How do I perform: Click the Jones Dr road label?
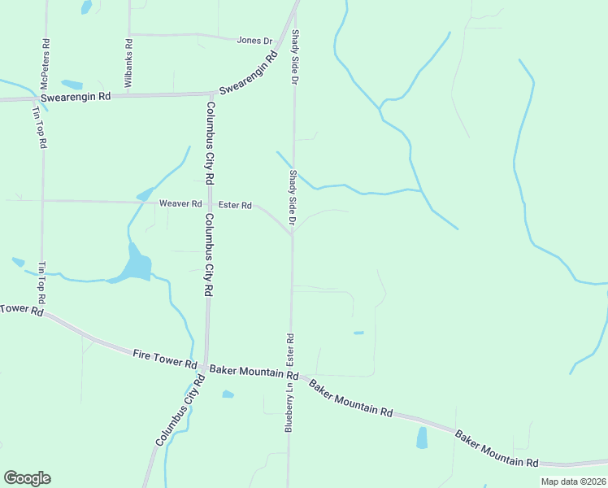coord(254,40)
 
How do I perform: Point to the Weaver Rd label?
coord(180,204)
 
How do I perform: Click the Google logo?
coord(27,478)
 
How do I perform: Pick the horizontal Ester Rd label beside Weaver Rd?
coord(235,206)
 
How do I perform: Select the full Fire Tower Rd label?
coord(165,358)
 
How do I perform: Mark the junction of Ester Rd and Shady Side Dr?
coord(292,234)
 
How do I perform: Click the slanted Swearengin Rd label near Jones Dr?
coord(247,73)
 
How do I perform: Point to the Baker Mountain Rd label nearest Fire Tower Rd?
coord(254,373)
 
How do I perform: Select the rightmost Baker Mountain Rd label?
coord(496,448)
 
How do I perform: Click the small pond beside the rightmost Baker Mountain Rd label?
coord(421,438)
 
